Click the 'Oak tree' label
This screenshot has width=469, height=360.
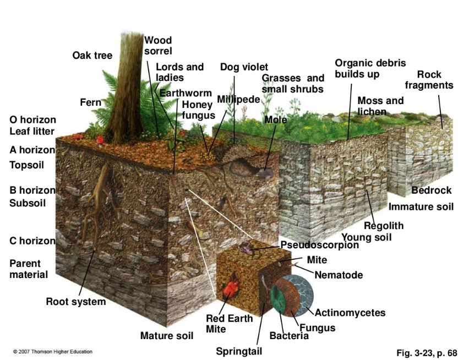[x=92, y=55]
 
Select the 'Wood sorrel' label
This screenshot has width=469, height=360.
[x=158, y=46]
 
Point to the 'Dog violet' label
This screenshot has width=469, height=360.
[x=244, y=67]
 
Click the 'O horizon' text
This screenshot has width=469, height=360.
[x=33, y=119]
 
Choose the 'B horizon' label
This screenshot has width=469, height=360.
[x=32, y=190]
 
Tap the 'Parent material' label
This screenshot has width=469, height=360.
[x=29, y=269]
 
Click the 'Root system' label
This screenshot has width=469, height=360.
[x=76, y=302]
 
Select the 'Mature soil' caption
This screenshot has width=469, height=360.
[x=167, y=335]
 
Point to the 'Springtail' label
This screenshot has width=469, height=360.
[x=239, y=351]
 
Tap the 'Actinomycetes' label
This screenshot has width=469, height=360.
[x=350, y=313]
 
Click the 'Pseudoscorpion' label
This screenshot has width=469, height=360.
[x=319, y=245]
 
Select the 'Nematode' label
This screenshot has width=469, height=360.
[x=339, y=275]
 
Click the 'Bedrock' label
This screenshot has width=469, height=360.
[x=432, y=190]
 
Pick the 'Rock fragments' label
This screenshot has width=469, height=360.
[x=429, y=80]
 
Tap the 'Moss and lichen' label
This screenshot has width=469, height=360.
[x=380, y=106]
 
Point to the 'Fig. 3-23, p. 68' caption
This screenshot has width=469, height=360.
[x=427, y=353]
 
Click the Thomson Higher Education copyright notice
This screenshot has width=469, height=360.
[x=53, y=352]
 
